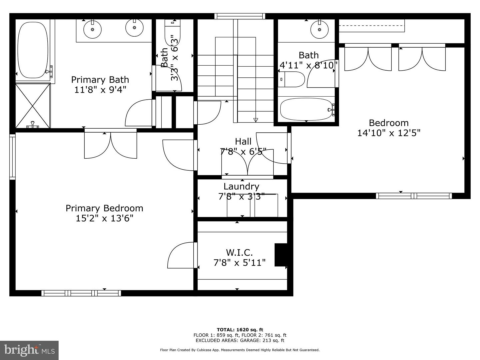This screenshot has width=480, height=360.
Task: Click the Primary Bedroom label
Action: tap(104, 208)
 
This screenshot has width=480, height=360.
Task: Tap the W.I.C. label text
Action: tap(239, 253)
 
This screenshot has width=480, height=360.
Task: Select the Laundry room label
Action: tap(241, 186)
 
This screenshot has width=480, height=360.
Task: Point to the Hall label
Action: tap(243, 141)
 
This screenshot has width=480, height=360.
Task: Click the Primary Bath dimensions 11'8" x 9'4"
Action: tap(100, 90)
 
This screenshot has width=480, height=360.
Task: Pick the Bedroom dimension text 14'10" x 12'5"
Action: tap(389, 133)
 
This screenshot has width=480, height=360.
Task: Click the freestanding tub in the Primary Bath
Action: tap(33, 50)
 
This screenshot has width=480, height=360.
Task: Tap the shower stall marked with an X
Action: tap(33, 106)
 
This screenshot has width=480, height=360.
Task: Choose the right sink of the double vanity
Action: tap(134, 28)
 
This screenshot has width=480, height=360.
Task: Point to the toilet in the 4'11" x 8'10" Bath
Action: tap(291, 79)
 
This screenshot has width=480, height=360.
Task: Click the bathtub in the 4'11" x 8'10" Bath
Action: tap(307, 109)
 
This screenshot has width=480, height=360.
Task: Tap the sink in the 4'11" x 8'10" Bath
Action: tap(319, 29)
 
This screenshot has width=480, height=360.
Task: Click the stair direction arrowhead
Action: tap(255, 120)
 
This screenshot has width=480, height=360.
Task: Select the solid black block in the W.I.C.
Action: tap(281, 255)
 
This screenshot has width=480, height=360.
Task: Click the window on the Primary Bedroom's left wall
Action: tap(12, 157)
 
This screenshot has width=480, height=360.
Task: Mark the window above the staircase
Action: tap(240, 16)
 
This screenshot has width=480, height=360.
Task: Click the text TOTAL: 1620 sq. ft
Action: tap(240, 330)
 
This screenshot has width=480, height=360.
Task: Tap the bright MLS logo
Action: tap(29, 350)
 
